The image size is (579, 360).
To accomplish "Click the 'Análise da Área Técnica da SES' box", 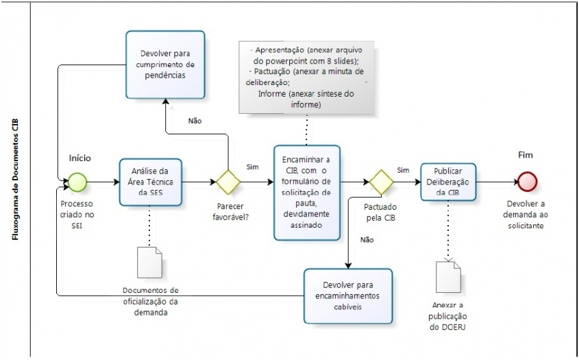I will point(150,182).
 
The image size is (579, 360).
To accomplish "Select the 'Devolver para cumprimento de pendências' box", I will point(165,64).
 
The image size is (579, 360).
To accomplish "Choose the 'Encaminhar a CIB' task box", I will point(306,193).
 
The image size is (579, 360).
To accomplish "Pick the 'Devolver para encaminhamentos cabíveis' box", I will point(349,296).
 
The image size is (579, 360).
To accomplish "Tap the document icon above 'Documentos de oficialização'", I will point(150,261).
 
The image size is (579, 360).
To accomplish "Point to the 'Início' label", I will point(79,158).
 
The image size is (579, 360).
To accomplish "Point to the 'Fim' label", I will point(526,156).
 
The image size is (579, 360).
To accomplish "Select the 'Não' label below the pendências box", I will point(195,121).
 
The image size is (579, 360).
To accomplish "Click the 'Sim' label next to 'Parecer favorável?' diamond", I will point(251,167).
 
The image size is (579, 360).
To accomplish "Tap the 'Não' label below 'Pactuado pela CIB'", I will point(367,239).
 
